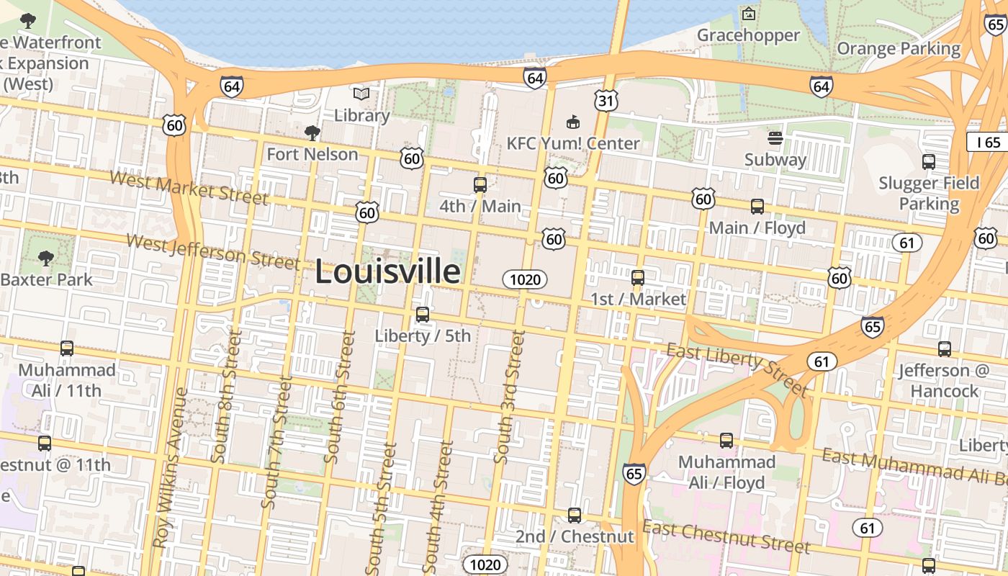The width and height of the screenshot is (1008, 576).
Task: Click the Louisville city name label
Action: tap(388, 272)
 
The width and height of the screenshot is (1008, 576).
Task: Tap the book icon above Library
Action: tap(361, 94)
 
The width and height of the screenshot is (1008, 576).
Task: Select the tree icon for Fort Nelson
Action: tap(312, 132)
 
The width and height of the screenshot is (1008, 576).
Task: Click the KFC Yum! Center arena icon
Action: tap(573, 122)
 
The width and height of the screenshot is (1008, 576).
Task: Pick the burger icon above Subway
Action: tap(775, 138)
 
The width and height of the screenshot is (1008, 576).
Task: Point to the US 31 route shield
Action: tap(606, 101)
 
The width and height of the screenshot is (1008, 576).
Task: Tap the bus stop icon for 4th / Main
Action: tap(480, 185)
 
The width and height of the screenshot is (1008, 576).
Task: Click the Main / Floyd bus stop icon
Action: tap(757, 207)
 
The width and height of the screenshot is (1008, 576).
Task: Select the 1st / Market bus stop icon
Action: tap(638, 277)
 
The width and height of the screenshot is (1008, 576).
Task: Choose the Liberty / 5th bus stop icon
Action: tap(423, 315)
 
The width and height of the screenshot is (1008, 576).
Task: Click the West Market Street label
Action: tap(189, 188)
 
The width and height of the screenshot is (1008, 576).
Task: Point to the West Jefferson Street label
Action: tap(212, 250)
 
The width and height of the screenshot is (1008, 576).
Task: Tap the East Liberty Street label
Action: tap(737, 369)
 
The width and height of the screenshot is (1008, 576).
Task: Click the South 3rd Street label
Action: tap(508, 397)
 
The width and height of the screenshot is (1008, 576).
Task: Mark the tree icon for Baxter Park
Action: tap(46, 257)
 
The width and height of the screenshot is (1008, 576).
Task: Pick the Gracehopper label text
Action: tap(748, 35)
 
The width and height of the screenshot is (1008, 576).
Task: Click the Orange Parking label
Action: tap(899, 49)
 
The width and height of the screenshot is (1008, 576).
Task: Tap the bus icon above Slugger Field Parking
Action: tap(929, 162)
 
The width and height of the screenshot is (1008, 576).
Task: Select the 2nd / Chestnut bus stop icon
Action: tap(574, 516)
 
